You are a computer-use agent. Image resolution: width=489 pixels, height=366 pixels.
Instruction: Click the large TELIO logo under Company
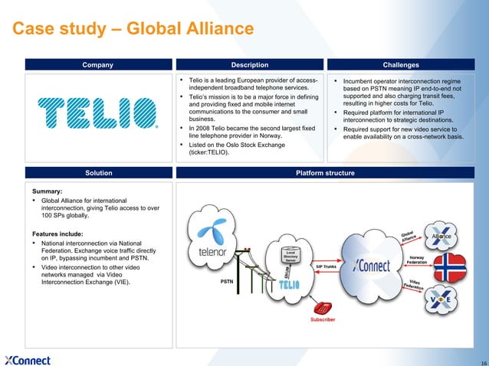coord(97,116)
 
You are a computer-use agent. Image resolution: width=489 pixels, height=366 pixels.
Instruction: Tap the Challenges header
coord(406,64)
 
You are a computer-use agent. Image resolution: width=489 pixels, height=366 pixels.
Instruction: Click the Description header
coord(250,64)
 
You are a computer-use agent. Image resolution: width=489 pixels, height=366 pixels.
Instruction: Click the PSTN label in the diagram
coord(227,282)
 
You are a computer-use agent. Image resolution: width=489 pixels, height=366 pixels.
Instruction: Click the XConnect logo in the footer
coord(28,360)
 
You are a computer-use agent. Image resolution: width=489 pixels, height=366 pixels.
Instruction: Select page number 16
coord(481,361)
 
